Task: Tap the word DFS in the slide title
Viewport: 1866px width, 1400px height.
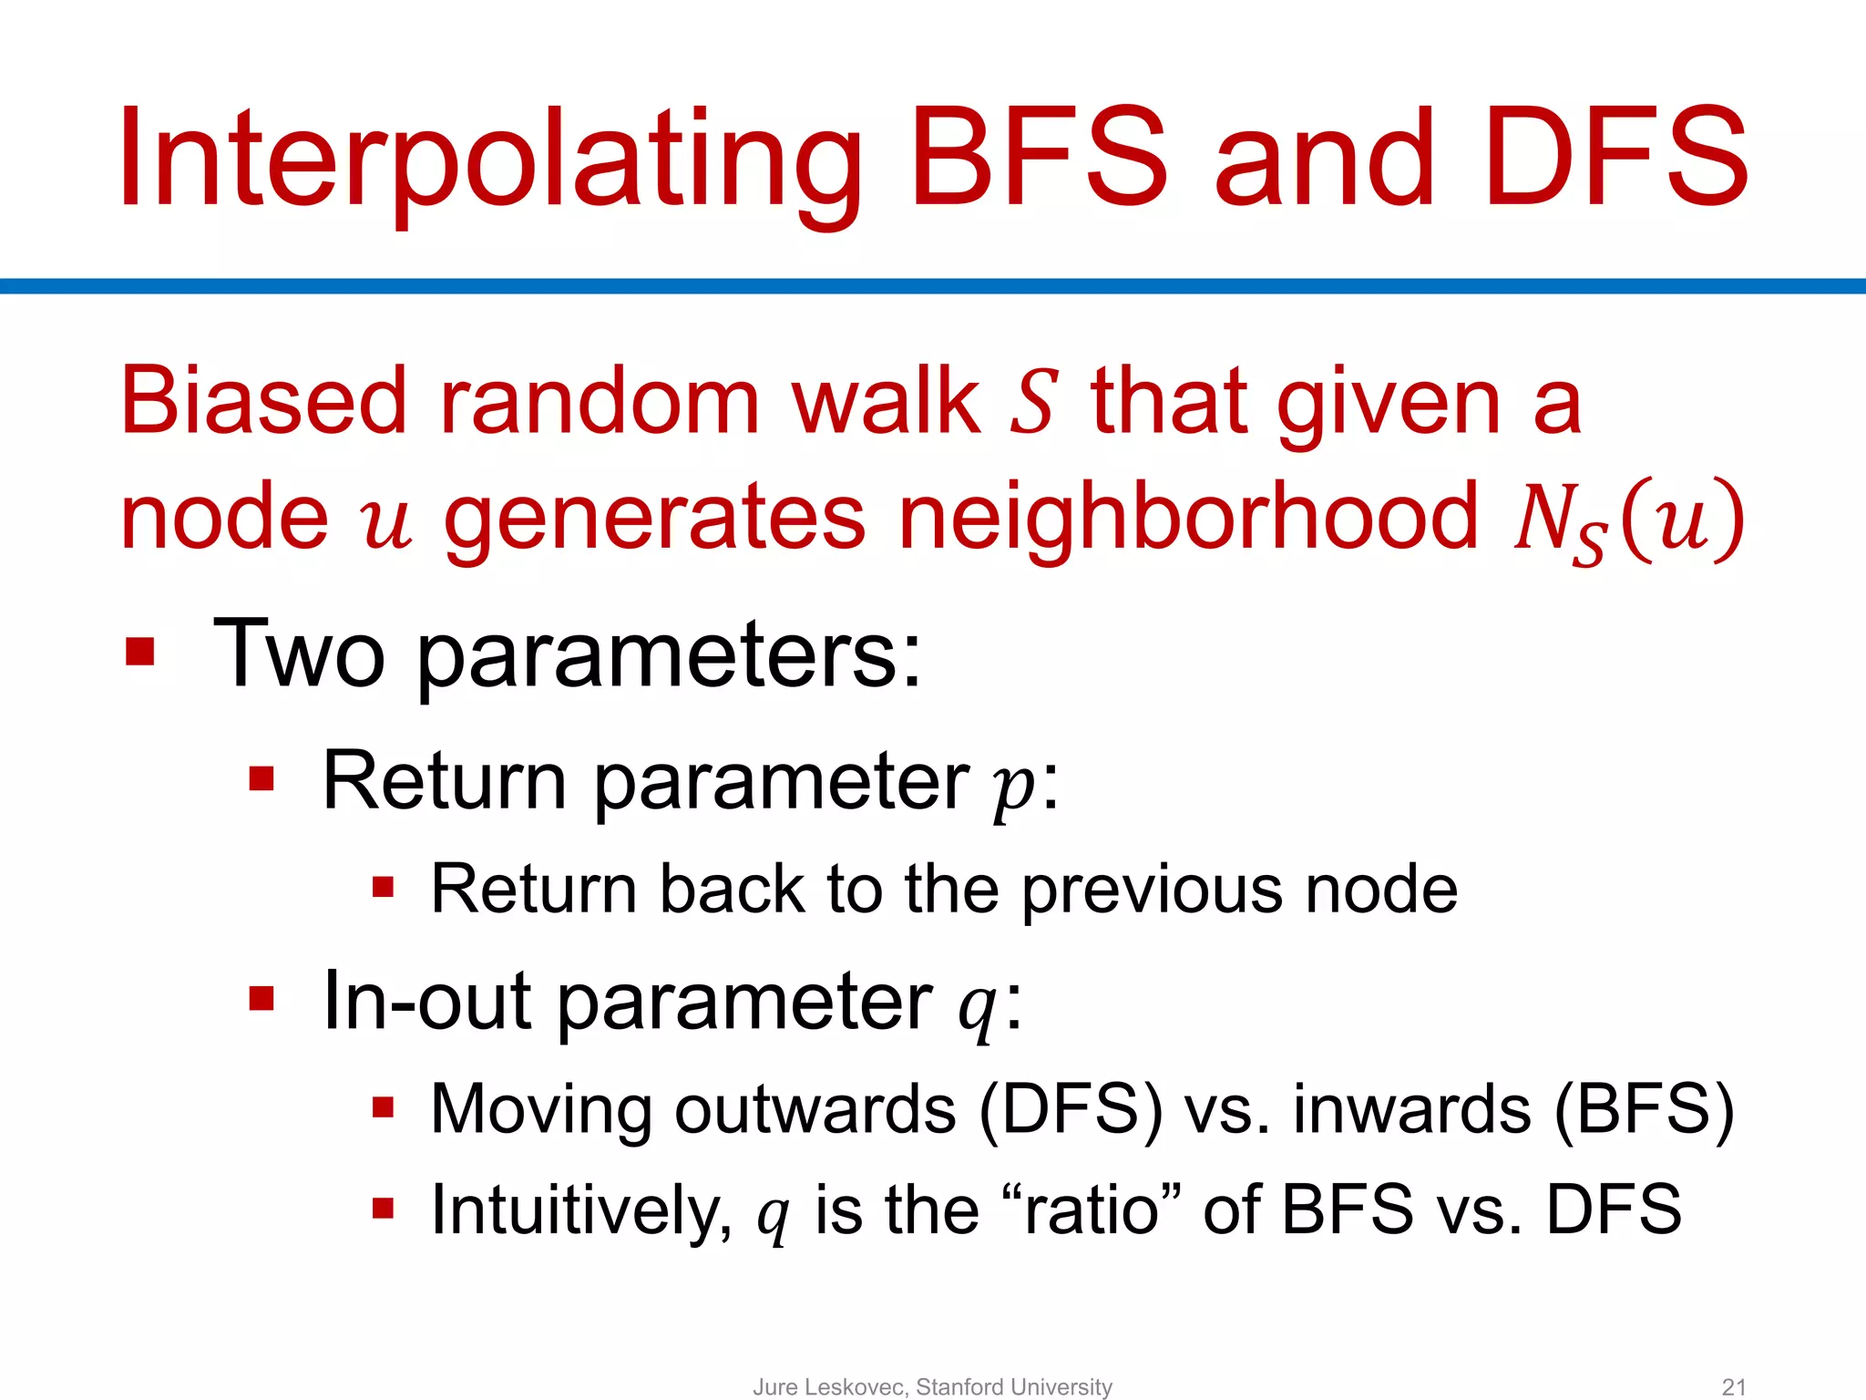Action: coord(1615,160)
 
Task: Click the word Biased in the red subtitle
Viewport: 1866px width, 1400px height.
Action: coord(263,401)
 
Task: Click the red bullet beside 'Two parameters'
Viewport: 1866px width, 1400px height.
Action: coord(140,652)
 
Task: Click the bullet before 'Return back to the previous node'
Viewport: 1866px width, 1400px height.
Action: coord(383,888)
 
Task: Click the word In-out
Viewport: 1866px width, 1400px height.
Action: coord(427,1001)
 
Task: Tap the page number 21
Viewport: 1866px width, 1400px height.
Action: coord(1734,1386)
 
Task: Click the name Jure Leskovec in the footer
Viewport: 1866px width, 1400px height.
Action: coord(829,1386)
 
